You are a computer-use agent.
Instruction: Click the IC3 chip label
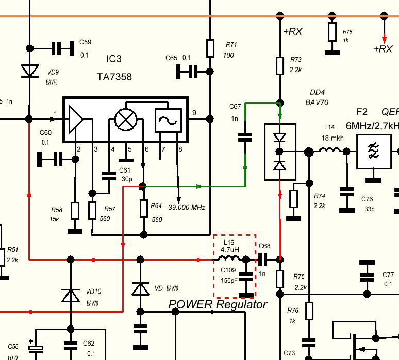pyautogui.click(x=111, y=59)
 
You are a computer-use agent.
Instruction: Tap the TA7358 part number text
pyautogui.click(x=114, y=77)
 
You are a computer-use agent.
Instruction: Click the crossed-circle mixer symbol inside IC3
pyautogui.click(x=124, y=119)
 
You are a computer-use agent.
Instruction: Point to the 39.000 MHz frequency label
pyautogui.click(x=187, y=208)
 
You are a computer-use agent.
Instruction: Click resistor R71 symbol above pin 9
pyautogui.click(x=210, y=48)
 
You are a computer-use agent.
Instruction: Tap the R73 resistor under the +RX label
pyautogui.click(x=280, y=65)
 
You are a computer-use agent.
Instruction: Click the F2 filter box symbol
pyautogui.click(x=373, y=152)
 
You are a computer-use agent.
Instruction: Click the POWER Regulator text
pyautogui.click(x=218, y=305)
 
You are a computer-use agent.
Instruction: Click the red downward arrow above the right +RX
pyautogui.click(x=383, y=37)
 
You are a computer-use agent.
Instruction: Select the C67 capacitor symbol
pyautogui.click(x=245, y=137)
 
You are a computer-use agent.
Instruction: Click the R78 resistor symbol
pyautogui.click(x=331, y=32)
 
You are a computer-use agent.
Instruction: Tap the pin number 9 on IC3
pyautogui.click(x=194, y=113)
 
